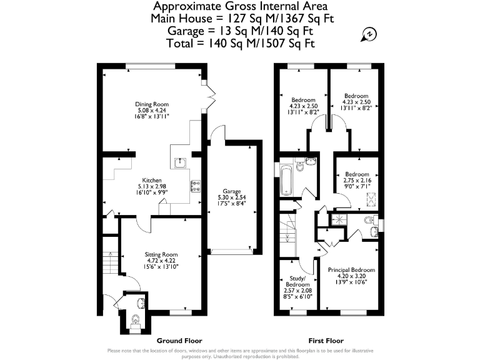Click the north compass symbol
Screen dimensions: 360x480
click(x=369, y=34)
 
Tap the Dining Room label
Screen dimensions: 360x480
click(x=152, y=104)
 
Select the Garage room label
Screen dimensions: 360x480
click(x=232, y=192)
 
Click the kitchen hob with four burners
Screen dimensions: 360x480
click(x=194, y=185)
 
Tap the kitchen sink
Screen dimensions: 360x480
click(x=180, y=162)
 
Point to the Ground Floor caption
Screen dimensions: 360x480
click(x=179, y=341)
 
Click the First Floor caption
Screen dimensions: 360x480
click(x=326, y=341)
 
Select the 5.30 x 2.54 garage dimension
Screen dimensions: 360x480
click(x=232, y=199)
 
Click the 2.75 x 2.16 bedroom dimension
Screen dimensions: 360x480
click(x=357, y=180)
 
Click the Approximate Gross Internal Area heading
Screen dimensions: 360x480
click(x=241, y=7)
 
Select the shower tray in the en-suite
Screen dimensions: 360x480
click(x=339, y=219)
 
